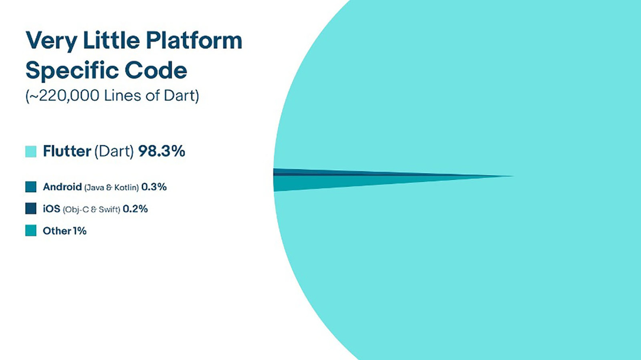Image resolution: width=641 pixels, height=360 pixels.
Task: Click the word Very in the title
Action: click(51, 41)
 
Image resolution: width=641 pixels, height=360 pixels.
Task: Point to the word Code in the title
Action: click(156, 70)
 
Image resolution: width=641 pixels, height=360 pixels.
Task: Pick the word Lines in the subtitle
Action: click(122, 96)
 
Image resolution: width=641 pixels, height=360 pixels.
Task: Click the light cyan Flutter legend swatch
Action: click(30, 151)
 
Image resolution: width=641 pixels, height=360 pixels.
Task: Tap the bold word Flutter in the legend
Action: click(67, 151)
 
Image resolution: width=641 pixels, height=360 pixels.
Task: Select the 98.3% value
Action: click(162, 151)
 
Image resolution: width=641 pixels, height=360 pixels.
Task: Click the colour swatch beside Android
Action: click(30, 187)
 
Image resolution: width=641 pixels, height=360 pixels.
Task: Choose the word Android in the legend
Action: click(62, 187)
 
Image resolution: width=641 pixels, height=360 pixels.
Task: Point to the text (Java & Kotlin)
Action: click(112, 187)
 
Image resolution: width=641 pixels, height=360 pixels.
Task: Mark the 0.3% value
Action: click(154, 187)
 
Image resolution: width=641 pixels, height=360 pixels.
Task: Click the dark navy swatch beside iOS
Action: click(30, 208)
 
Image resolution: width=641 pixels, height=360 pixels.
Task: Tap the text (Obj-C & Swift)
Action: click(91, 209)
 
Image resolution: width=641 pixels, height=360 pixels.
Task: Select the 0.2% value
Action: click(135, 209)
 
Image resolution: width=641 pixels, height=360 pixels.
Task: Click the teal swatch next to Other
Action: click(30, 230)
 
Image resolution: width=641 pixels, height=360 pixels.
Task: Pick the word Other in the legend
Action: click(57, 231)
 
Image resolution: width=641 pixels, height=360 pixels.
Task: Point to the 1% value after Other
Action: click(80, 231)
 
